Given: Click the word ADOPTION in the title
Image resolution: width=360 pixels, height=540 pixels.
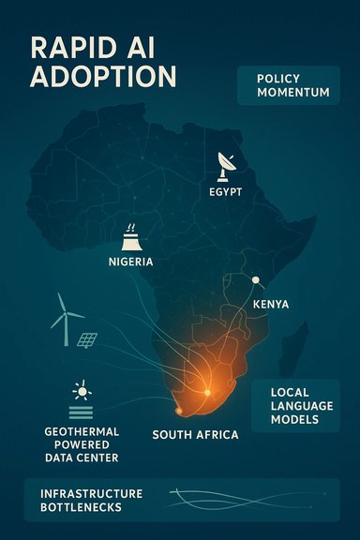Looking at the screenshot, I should (x=89, y=78).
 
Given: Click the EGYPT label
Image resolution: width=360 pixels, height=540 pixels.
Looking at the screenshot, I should (x=226, y=191).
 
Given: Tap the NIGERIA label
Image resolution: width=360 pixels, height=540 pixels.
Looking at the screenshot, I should (x=131, y=262).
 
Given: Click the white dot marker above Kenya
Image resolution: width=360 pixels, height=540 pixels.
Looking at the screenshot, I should (x=255, y=279).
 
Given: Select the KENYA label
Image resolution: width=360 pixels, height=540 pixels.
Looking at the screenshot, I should (x=271, y=305).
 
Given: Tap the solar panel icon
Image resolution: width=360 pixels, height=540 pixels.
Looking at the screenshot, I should (x=88, y=339).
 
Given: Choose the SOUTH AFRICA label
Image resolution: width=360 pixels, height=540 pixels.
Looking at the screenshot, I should (x=195, y=435).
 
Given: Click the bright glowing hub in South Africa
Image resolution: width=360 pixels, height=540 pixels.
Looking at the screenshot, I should (x=206, y=389).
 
